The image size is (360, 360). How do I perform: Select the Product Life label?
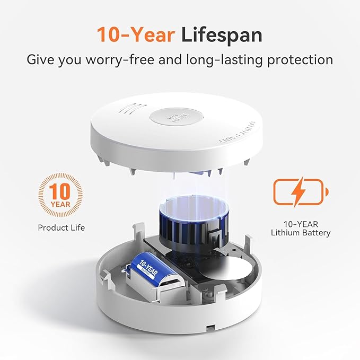tap(61, 227)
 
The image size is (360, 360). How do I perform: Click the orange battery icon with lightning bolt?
tap(301, 191)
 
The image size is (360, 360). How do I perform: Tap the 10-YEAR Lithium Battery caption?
tap(301, 227)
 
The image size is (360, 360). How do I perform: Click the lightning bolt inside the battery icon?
tap(299, 191)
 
